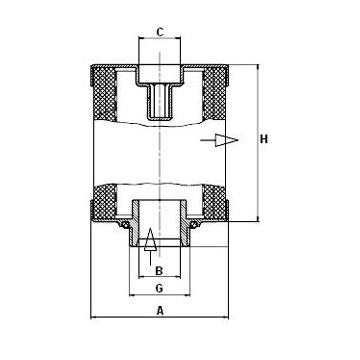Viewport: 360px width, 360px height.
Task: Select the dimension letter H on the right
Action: coord(263,139)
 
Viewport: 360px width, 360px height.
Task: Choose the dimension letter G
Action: coord(158,288)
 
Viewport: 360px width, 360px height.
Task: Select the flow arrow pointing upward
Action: coord(148,240)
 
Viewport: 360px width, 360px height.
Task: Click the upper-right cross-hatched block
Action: coord(219,89)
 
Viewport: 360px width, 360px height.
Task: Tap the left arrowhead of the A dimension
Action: coord(95,319)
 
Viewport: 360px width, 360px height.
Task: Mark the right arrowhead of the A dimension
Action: coord(226,319)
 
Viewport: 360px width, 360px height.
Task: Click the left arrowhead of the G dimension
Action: coord(131,298)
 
